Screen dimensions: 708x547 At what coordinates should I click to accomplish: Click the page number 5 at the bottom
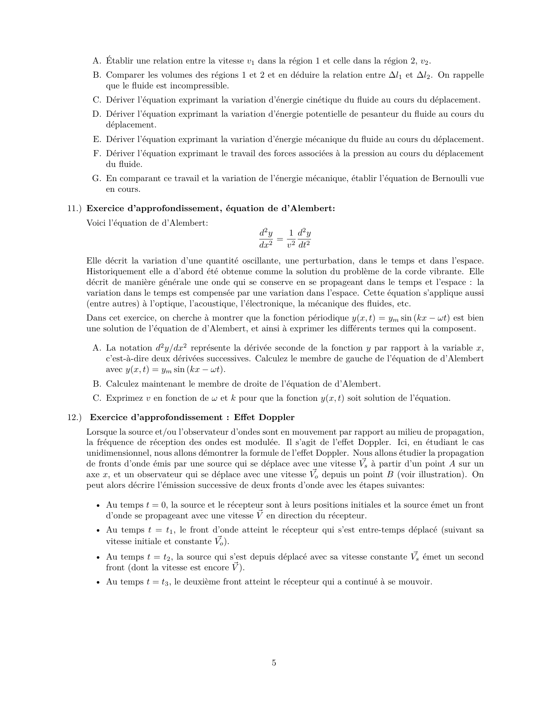pos(274,663)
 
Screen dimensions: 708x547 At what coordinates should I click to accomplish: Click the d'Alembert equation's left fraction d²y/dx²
pos(266,239)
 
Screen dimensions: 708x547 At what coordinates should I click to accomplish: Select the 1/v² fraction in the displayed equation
pos(291,239)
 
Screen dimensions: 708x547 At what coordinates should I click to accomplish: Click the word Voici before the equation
pos(97,223)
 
